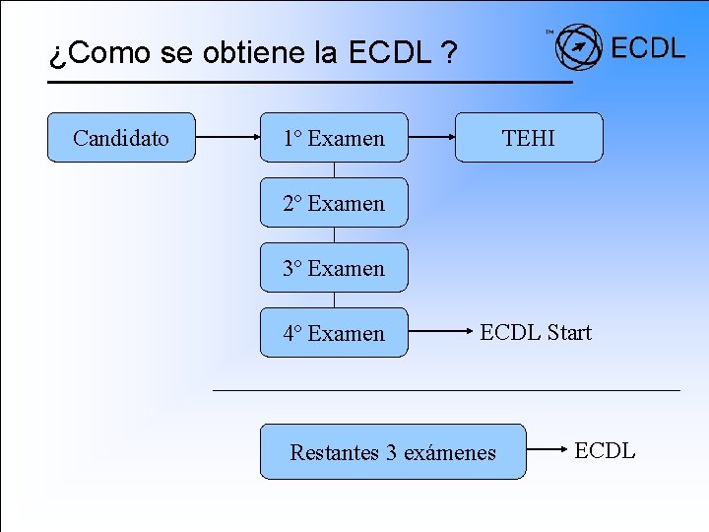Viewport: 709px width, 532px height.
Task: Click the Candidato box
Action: (121, 138)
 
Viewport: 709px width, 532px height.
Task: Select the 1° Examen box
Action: (334, 138)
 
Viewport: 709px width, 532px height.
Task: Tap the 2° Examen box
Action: (334, 203)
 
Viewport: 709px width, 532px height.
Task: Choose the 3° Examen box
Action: (334, 268)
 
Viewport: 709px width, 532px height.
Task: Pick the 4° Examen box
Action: (334, 333)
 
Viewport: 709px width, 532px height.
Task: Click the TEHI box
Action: (529, 138)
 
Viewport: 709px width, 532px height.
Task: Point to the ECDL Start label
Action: (536, 333)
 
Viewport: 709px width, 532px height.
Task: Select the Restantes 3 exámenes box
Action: (393, 452)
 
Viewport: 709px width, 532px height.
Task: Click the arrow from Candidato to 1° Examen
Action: (227, 138)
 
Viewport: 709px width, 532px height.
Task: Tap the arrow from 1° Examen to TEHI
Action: (431, 138)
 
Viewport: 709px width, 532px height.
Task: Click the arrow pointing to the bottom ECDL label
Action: (546, 451)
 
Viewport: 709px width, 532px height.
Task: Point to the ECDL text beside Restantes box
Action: (605, 451)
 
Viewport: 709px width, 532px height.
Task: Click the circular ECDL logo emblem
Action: (578, 46)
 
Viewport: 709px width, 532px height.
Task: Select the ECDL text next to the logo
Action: (648, 47)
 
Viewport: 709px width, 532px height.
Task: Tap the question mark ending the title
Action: (449, 53)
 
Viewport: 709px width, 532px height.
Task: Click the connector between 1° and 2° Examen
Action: (335, 170)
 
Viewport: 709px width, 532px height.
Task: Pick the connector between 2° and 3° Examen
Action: (335, 235)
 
